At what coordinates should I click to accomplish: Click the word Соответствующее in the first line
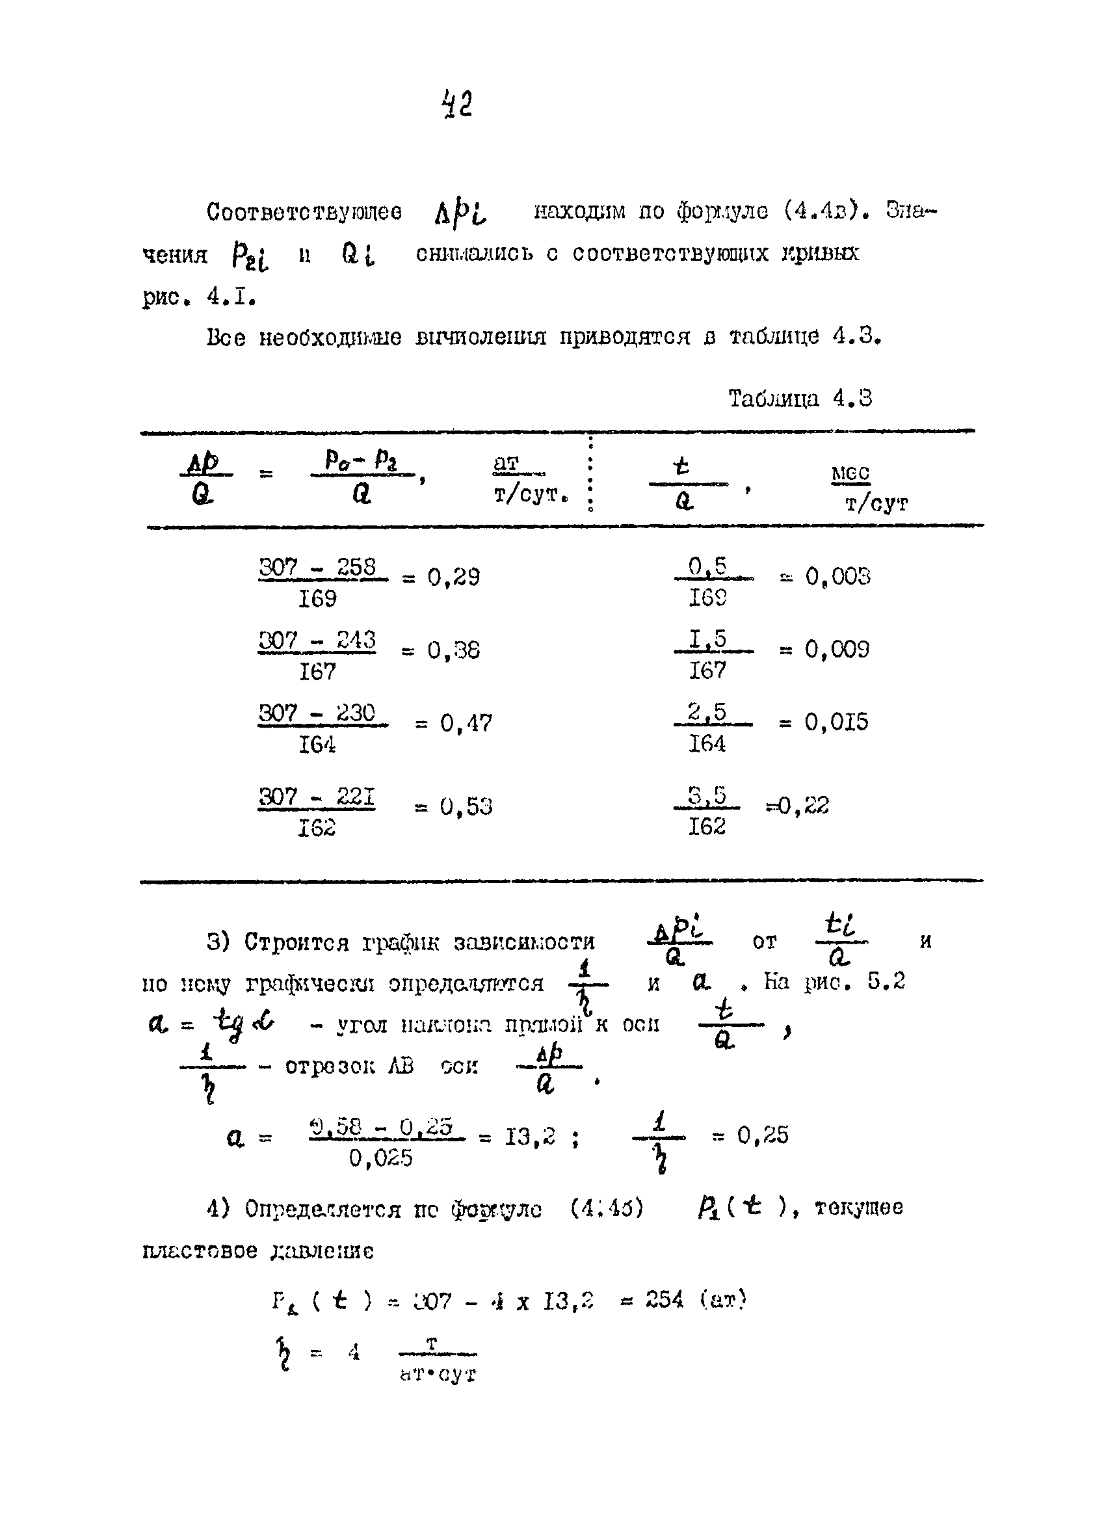[x=304, y=212]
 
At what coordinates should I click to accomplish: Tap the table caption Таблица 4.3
[x=800, y=398]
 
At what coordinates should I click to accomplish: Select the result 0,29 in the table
[x=453, y=577]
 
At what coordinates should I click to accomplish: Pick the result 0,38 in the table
[x=453, y=650]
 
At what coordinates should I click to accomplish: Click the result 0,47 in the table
[x=466, y=723]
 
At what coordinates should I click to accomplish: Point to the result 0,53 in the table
[x=466, y=806]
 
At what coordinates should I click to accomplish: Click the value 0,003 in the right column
[x=837, y=576]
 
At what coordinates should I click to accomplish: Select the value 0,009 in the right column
[x=837, y=650]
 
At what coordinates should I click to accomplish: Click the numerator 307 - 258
[x=318, y=567]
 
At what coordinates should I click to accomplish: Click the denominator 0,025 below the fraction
[x=380, y=1159]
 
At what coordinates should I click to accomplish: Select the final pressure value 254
[x=664, y=1300]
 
